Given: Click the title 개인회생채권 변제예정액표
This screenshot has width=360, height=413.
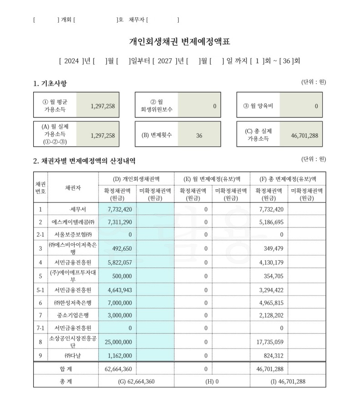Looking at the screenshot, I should (x=180, y=42).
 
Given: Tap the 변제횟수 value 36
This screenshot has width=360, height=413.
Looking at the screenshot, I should (x=199, y=136).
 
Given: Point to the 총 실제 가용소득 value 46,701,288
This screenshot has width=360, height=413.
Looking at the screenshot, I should (x=305, y=136).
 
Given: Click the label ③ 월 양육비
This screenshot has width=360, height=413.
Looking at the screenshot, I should (x=258, y=106).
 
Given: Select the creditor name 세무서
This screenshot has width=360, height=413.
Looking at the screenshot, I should (x=75, y=209).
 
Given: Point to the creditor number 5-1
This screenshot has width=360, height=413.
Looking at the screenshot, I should (x=40, y=290).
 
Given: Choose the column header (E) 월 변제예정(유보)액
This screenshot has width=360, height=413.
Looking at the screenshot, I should (x=212, y=179).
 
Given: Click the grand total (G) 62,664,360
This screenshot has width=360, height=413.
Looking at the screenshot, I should (x=136, y=381).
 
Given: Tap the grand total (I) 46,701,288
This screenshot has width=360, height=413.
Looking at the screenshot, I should (x=288, y=381).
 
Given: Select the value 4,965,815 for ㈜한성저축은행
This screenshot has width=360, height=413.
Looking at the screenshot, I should (x=271, y=302).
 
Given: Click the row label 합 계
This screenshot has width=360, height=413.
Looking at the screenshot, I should (x=66, y=368).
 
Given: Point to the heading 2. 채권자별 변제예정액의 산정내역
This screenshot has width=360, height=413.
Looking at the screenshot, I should (x=84, y=161).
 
